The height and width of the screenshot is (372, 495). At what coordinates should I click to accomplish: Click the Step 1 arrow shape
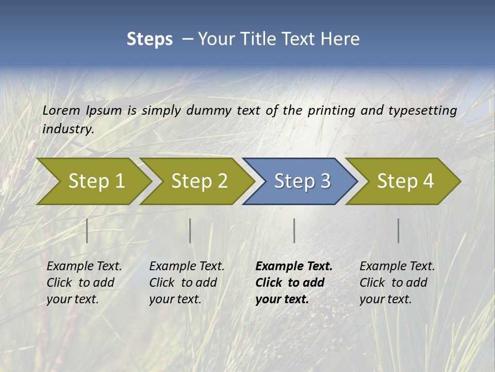coord(96,181)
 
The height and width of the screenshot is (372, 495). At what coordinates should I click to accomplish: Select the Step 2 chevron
coord(199,181)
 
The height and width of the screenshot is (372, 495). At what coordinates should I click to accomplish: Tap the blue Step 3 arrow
coord(302,181)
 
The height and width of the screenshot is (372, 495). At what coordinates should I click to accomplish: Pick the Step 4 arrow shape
coord(405,181)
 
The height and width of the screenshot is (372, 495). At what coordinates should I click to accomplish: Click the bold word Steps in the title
coord(150,39)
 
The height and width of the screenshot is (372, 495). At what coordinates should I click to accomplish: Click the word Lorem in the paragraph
coord(61,110)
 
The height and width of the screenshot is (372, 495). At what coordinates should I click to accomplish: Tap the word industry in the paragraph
coord(68,129)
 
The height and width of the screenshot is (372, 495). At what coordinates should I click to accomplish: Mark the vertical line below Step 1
coord(87,230)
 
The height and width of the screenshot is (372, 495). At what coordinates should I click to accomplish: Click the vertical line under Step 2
coord(190,230)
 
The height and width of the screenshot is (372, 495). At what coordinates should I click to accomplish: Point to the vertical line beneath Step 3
coord(294,230)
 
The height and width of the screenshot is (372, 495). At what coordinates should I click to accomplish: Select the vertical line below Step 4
coord(398,230)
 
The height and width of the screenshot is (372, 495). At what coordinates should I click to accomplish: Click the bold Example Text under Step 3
coord(294,267)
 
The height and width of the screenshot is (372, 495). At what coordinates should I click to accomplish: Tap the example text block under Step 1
coord(84,283)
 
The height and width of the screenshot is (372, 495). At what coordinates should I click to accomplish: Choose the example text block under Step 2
coord(187,283)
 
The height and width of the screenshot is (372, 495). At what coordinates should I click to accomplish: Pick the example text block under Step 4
coord(397,283)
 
